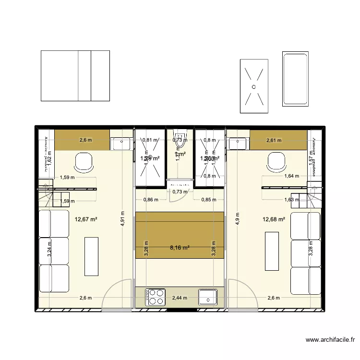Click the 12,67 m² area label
86,220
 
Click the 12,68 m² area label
274,220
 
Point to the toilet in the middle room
180,141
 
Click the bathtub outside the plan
295,79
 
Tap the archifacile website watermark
330,340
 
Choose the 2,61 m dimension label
274,140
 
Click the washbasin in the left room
121,143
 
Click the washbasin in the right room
238,143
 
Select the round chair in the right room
277,161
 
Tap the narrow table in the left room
92,256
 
